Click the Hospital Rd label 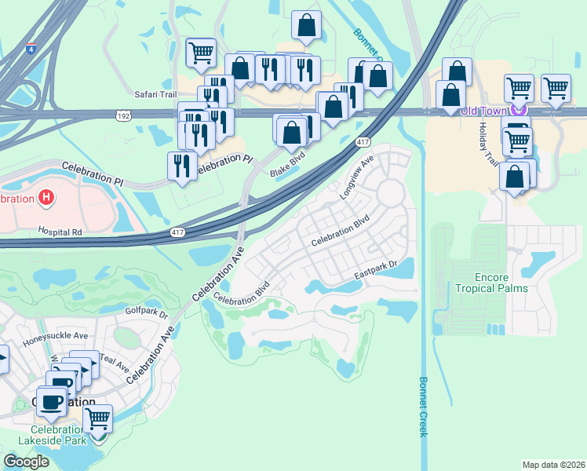pyautogui.click(x=60, y=232)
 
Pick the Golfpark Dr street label pyautogui.click(x=147, y=312)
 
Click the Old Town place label pyautogui.click(x=483, y=111)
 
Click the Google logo pyautogui.click(x=26, y=462)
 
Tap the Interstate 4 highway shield pyautogui.click(x=30, y=49)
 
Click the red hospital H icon pyautogui.click(x=46, y=198)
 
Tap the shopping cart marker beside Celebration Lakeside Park pyautogui.click(x=98, y=419)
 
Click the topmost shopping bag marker pyautogui.click(x=306, y=25)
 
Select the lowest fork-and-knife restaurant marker pyautogui.click(x=182, y=165)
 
